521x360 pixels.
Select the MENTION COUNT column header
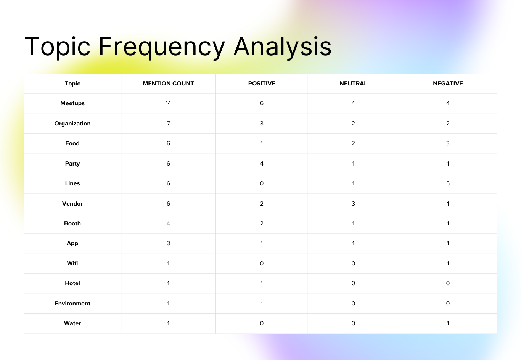(168, 84)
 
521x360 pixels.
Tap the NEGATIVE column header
(448, 84)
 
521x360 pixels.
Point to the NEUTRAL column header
(353, 84)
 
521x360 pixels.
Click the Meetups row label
(72, 103)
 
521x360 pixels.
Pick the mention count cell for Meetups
(168, 103)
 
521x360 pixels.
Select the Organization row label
(72, 124)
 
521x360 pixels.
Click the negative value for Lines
(448, 183)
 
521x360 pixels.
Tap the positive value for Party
(262, 164)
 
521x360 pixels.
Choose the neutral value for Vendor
(353, 204)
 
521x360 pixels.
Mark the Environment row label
(72, 304)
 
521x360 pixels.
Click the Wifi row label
(72, 264)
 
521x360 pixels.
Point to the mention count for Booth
(168, 223)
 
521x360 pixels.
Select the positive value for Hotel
(262, 283)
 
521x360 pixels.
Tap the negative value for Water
(448, 323)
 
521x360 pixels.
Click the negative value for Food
(448, 143)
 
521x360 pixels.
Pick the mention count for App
(168, 243)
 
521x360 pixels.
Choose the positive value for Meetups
(262, 103)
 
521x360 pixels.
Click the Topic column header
(72, 84)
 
